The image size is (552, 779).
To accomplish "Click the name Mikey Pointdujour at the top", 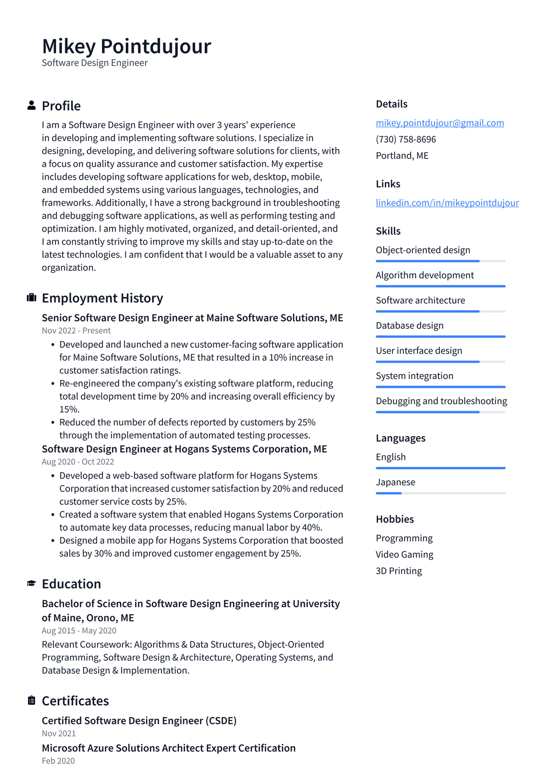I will pos(126,46).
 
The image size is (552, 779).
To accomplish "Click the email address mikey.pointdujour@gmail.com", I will pos(439,123).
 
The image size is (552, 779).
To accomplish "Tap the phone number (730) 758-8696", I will pos(405,139).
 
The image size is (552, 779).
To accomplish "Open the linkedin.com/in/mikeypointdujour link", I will pos(447,202).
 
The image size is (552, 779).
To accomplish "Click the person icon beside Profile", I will pos(31,106).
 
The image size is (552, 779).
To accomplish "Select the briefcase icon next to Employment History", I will pos(31,298).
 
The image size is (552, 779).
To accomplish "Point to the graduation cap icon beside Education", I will pos(31,584).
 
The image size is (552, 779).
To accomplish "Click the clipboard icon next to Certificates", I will pos(31,700).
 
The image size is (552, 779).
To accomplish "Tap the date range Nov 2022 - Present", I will pos(76,331).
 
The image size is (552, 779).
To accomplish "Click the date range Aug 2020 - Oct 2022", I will pos(78,461).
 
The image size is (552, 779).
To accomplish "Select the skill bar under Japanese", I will pos(440,493).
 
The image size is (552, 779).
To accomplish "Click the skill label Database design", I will pos(409,325).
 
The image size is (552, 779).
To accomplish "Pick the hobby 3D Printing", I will pos(398,571).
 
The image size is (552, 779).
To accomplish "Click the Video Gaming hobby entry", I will pos(404,555).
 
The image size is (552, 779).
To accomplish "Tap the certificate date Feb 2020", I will pos(58,761).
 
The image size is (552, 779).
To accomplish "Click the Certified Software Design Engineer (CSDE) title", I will pos(139,720).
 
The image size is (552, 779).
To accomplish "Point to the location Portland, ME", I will pos(402,156).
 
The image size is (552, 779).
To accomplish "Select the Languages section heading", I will pos(401,438).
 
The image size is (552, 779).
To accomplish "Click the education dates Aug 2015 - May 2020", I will pos(79,630).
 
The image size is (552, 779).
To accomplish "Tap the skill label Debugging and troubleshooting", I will pos(441,401).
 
